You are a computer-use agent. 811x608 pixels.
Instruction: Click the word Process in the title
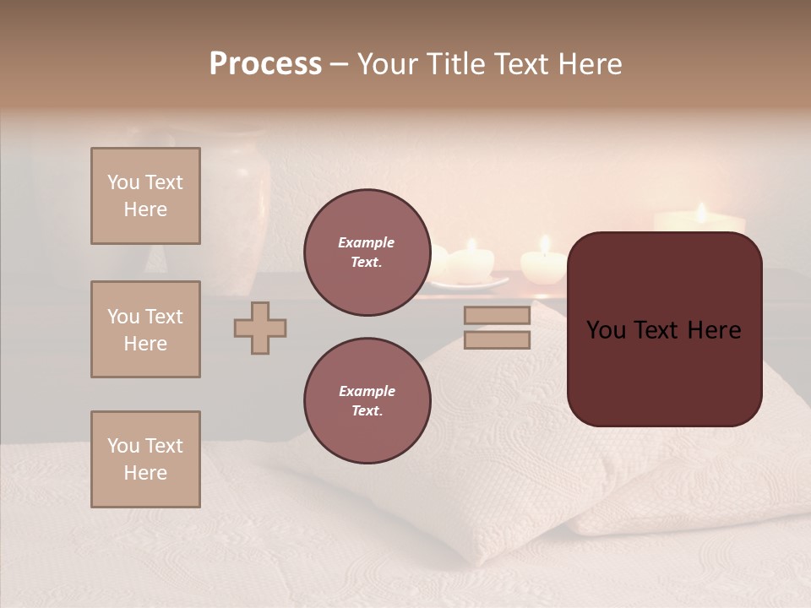pyautogui.click(x=265, y=64)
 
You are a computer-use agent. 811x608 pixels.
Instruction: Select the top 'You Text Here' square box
pyautogui.click(x=145, y=196)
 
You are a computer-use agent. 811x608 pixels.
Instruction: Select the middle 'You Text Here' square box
pyautogui.click(x=145, y=329)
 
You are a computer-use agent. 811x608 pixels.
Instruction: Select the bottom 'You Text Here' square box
pyautogui.click(x=145, y=459)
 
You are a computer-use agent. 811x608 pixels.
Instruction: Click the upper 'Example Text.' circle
pyautogui.click(x=367, y=252)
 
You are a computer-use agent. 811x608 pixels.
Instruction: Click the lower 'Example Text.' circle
pyautogui.click(x=367, y=401)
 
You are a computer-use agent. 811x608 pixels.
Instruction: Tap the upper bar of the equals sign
pyautogui.click(x=497, y=316)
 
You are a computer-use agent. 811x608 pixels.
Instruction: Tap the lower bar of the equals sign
pyautogui.click(x=497, y=339)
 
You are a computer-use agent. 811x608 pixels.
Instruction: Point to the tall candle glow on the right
pyautogui.click(x=699, y=217)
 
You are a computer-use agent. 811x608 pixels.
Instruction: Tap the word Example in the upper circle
pyautogui.click(x=367, y=242)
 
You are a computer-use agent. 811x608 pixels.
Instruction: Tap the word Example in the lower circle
pyautogui.click(x=367, y=391)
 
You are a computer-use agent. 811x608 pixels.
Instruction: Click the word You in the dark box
pyautogui.click(x=607, y=330)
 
